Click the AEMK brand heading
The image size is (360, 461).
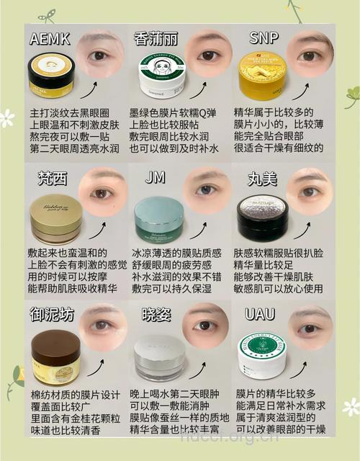tap(50, 39)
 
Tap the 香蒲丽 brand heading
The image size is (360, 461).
tap(156, 39)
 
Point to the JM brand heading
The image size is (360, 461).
tap(155, 177)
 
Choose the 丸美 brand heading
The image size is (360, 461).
tap(261, 178)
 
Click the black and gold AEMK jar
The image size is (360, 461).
tap(51, 76)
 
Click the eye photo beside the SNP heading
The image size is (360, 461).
tap(310, 53)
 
